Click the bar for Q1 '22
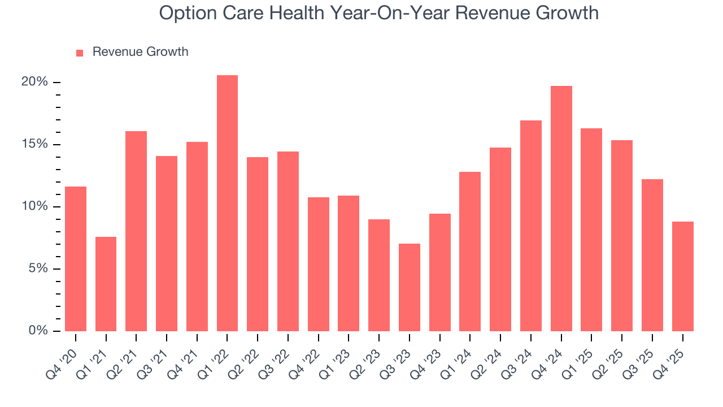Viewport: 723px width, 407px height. click(x=227, y=203)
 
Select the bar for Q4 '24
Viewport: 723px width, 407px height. click(x=561, y=209)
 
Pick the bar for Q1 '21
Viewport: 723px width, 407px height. click(x=106, y=284)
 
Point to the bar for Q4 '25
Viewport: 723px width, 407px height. click(x=683, y=276)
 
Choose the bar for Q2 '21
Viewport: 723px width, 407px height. click(x=136, y=231)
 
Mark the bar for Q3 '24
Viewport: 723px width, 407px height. click(x=531, y=226)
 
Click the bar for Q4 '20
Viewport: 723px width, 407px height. click(x=76, y=259)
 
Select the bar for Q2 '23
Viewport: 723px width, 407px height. click(x=379, y=275)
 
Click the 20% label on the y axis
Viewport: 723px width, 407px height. click(x=35, y=82)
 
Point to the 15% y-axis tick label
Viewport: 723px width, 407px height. click(x=35, y=144)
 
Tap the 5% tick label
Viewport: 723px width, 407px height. click(x=38, y=269)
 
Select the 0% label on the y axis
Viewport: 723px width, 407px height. click(x=38, y=331)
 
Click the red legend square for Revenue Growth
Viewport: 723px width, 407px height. click(x=80, y=53)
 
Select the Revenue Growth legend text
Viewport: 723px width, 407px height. click(x=140, y=52)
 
